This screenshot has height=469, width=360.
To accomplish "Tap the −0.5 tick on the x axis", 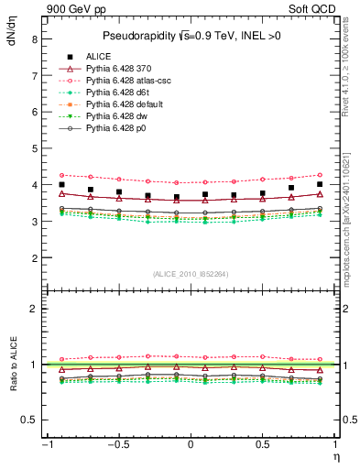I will click(x=116, y=444).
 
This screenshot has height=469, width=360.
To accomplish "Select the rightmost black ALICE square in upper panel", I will click(x=320, y=184).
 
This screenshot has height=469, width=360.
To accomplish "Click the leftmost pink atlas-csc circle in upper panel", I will click(x=61, y=174).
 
